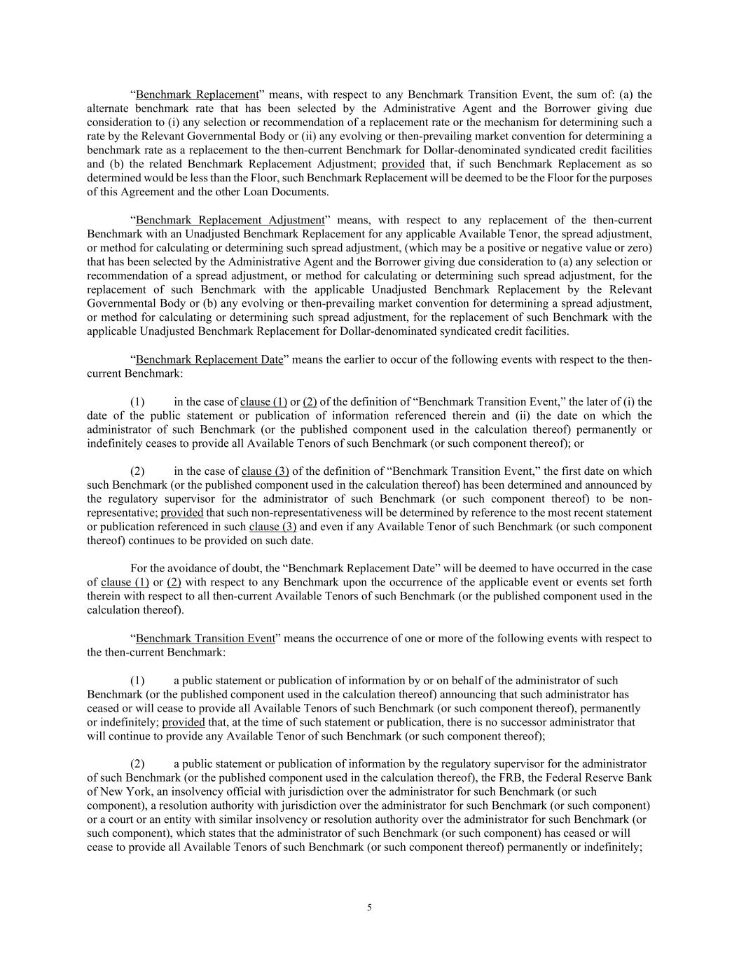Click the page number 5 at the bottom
(369, 908)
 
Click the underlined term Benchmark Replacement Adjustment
(230, 220)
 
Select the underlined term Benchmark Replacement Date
(209, 359)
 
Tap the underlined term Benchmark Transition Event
(205, 638)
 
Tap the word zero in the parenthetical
(638, 248)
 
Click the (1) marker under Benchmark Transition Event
(138, 680)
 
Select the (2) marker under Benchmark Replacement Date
(138, 471)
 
